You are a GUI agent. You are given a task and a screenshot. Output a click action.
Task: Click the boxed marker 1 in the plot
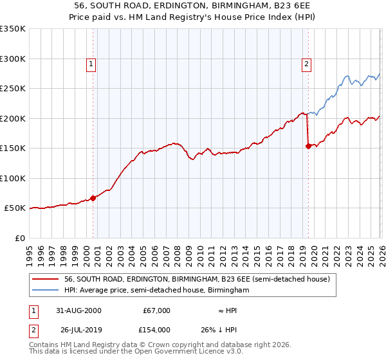(x=91, y=64)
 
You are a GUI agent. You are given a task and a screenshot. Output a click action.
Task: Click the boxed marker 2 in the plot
(x=307, y=64)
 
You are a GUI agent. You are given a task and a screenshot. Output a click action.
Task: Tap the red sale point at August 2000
(x=93, y=198)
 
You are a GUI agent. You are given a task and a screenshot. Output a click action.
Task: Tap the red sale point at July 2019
(x=308, y=147)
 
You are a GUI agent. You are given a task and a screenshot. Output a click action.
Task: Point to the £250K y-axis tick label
(x=13, y=89)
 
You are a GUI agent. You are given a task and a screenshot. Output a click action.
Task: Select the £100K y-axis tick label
(x=13, y=178)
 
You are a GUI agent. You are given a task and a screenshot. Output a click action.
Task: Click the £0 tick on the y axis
(x=19, y=238)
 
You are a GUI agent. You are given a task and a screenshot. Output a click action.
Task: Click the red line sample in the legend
(x=46, y=279)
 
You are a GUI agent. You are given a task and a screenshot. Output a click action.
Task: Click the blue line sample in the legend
(x=46, y=291)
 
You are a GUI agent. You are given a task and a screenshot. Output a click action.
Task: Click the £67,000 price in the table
(x=156, y=310)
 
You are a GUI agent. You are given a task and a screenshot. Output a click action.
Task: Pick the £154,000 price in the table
(x=156, y=330)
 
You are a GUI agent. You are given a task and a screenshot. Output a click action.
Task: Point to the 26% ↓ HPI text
(x=228, y=330)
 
